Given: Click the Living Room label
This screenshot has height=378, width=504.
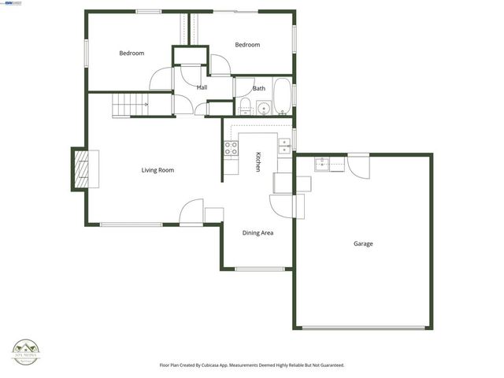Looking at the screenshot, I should coord(157,170).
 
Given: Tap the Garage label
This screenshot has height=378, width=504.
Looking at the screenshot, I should coord(363,244).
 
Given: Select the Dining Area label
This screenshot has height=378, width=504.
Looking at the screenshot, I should coord(258,232).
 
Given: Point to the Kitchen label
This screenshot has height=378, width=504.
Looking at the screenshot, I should coord(258,161).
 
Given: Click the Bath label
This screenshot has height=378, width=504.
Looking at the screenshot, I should coord(259,88).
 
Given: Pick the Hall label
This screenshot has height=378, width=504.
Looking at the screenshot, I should coord(202,87).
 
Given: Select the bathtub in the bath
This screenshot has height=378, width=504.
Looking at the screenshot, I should coord(282,96).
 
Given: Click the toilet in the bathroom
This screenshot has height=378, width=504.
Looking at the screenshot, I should coord(245,106).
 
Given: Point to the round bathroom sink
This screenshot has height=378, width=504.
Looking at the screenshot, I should coord(262,108).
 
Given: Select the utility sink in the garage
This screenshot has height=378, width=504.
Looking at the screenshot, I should coord(322,164).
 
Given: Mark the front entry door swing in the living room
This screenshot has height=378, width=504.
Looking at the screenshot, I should coord(192,211).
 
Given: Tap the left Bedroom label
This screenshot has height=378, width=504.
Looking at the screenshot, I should coord(132,54).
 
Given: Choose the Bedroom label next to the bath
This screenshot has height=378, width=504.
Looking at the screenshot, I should coord(247,45).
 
